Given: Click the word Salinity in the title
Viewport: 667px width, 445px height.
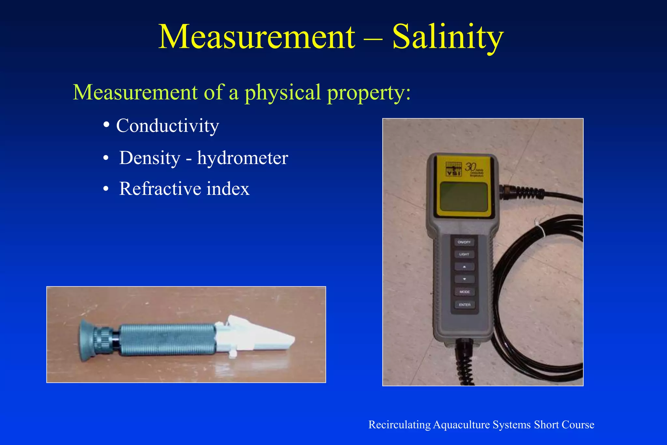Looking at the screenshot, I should [x=448, y=37].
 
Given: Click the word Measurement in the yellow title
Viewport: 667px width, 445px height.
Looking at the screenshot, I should [x=256, y=37].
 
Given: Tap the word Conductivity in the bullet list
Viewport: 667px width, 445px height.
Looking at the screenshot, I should [x=167, y=126].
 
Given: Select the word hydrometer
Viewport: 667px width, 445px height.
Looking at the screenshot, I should [x=243, y=158].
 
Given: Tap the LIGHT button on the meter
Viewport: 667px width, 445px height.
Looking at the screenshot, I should [x=464, y=254].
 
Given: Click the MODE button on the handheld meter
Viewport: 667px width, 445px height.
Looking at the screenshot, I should [x=464, y=292].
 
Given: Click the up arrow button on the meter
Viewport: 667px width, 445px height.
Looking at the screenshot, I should [x=464, y=267].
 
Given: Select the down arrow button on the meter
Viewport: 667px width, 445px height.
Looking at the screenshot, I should [x=464, y=279].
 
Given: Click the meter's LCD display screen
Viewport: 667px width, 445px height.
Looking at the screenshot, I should [x=464, y=196].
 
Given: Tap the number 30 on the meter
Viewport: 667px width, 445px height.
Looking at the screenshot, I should [x=471, y=167].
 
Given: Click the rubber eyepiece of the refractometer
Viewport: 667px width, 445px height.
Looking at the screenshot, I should [x=86, y=340].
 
